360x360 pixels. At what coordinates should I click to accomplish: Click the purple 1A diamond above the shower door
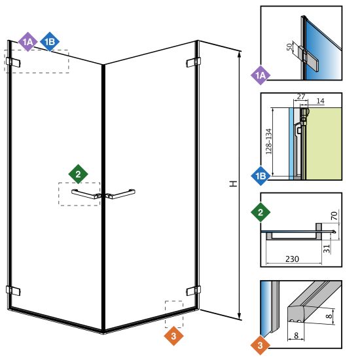point(27,42)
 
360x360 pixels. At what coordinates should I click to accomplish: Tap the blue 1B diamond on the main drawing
point(50,42)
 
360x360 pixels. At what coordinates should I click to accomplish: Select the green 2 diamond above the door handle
point(78,174)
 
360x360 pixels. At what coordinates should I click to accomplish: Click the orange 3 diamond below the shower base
point(173,336)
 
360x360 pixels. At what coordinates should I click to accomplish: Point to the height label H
point(234,184)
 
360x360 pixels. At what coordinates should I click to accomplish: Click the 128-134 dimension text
point(268,141)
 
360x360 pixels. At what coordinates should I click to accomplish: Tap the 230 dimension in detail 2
point(292,259)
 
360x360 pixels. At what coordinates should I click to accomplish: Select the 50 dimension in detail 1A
point(289,46)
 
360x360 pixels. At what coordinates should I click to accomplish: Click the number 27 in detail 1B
point(301,96)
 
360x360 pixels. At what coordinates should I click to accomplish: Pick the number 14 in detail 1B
point(320,101)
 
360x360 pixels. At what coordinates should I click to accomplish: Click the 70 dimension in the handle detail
point(334,215)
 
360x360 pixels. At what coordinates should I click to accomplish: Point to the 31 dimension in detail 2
point(327,249)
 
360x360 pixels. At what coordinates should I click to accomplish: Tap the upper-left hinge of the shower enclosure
point(13,62)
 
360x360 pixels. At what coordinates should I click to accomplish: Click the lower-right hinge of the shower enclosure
point(193,291)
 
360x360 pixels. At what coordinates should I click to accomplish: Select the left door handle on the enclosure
point(86,194)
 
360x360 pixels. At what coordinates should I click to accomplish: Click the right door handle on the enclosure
point(120,194)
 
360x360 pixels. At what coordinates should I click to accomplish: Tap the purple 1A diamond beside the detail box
point(260,75)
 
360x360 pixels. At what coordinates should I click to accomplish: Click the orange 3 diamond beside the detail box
point(260,345)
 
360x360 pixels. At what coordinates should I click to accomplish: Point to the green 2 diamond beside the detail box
point(261,212)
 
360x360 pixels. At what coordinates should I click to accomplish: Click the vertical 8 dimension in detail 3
point(329,316)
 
